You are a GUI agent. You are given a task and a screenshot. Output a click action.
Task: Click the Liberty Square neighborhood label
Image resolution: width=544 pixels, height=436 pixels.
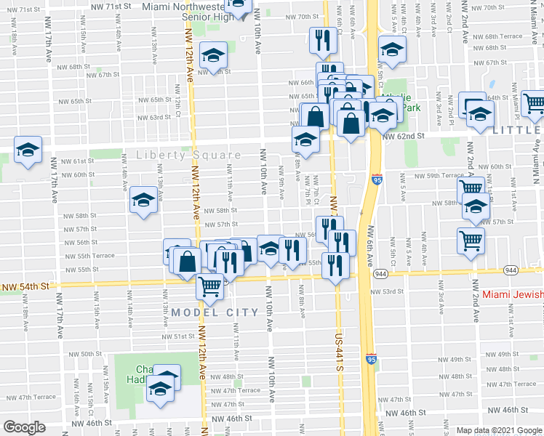[x=189, y=156]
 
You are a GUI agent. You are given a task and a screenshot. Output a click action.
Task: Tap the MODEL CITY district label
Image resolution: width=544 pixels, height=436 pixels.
[x=215, y=312]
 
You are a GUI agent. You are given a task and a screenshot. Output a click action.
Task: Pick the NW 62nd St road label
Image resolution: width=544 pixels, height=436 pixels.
[x=403, y=136]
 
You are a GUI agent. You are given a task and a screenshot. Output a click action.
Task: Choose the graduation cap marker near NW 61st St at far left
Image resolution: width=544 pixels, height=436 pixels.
[x=28, y=151]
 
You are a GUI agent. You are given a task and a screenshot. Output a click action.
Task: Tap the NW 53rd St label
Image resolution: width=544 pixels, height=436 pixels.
[x=387, y=291]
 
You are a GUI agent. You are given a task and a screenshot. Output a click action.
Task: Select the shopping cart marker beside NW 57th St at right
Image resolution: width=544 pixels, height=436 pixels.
[x=471, y=239]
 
